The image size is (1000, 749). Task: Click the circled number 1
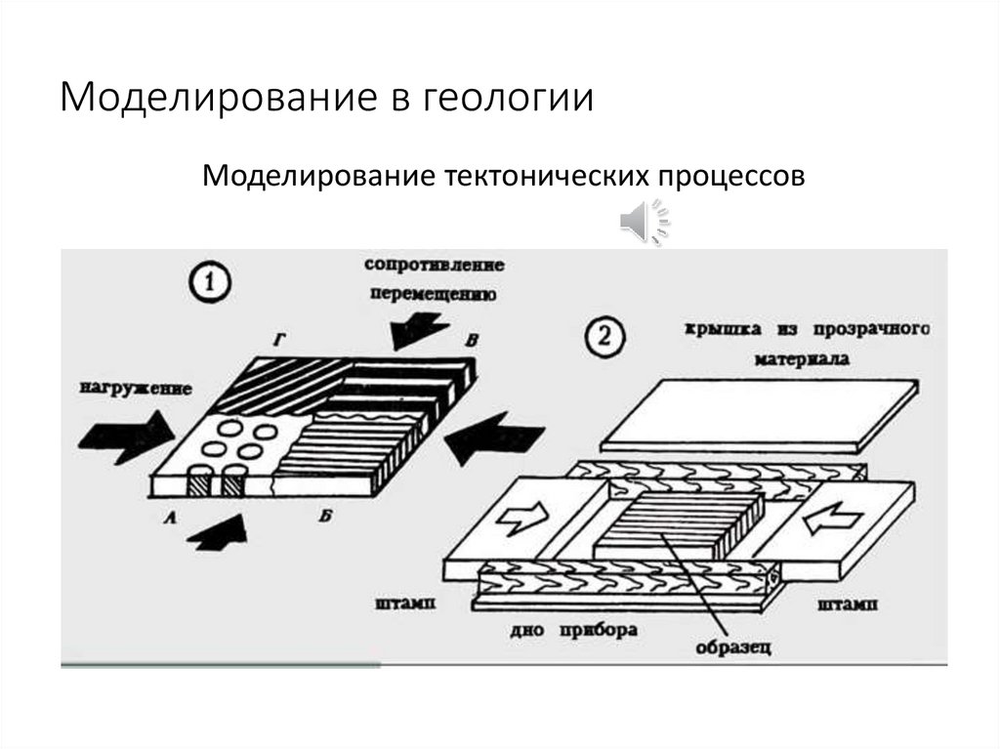point(207,284)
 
